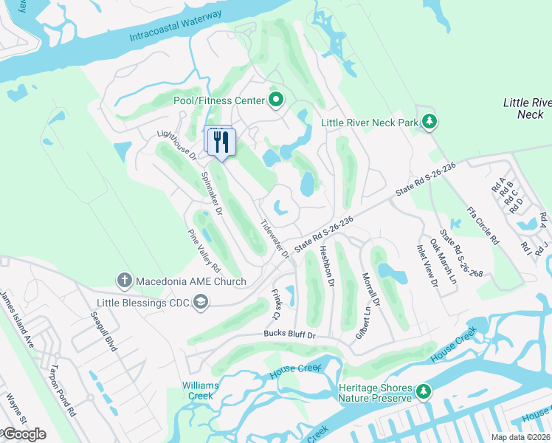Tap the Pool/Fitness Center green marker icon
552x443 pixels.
pos(275,99)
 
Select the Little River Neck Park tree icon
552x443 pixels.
pos(429,121)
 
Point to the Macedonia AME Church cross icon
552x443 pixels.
pos(125,280)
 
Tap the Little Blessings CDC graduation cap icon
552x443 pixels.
pos(200,301)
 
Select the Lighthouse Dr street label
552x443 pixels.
pos(177,145)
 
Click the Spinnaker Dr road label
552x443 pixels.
pos(212,193)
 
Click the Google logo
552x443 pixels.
pos(24,433)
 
